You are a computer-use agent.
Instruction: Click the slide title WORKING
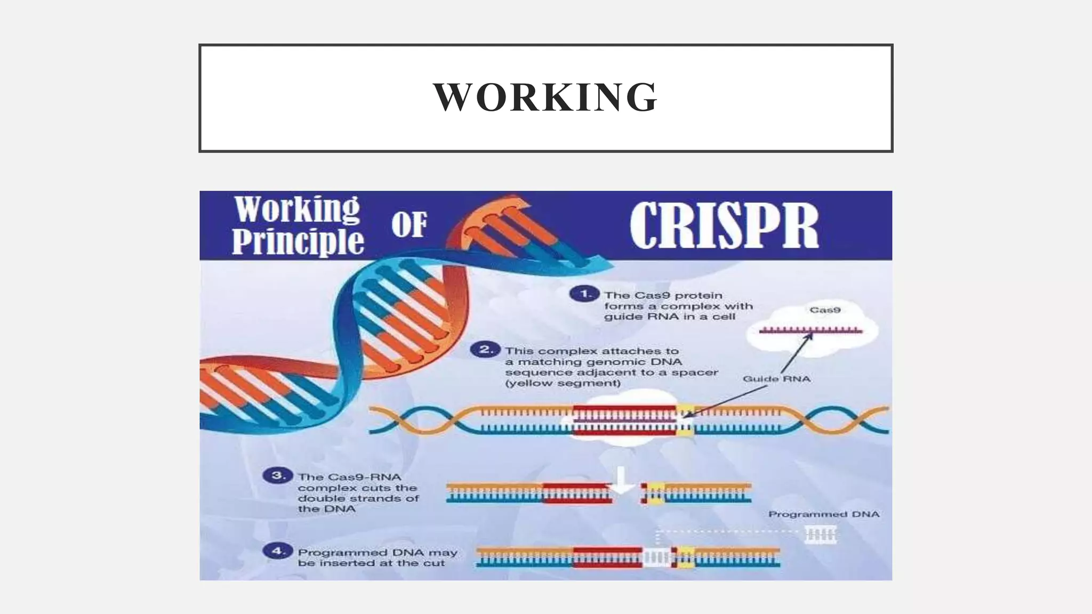click(545, 97)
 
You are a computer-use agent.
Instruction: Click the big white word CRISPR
click(724, 225)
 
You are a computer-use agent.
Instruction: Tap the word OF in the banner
click(409, 225)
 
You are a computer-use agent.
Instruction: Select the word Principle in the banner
click(298, 242)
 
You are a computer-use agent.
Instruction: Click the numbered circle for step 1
click(584, 294)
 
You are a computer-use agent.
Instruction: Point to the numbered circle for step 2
click(485, 350)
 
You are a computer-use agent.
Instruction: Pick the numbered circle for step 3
click(278, 475)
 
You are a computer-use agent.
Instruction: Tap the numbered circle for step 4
click(278, 551)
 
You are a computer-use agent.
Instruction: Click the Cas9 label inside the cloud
click(824, 310)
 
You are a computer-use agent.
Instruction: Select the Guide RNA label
click(776, 379)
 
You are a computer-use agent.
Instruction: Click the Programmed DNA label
click(823, 514)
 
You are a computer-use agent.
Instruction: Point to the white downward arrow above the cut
click(621, 479)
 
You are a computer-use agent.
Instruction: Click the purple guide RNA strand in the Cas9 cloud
click(810, 331)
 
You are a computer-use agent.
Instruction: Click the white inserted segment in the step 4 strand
click(656, 558)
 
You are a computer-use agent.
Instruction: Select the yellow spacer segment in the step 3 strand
click(655, 493)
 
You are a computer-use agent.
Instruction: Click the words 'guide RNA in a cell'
click(669, 317)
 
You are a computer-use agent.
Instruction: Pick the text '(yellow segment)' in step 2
click(563, 383)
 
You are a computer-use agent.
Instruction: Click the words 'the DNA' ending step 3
click(326, 509)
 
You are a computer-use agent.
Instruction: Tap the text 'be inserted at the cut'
click(371, 563)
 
